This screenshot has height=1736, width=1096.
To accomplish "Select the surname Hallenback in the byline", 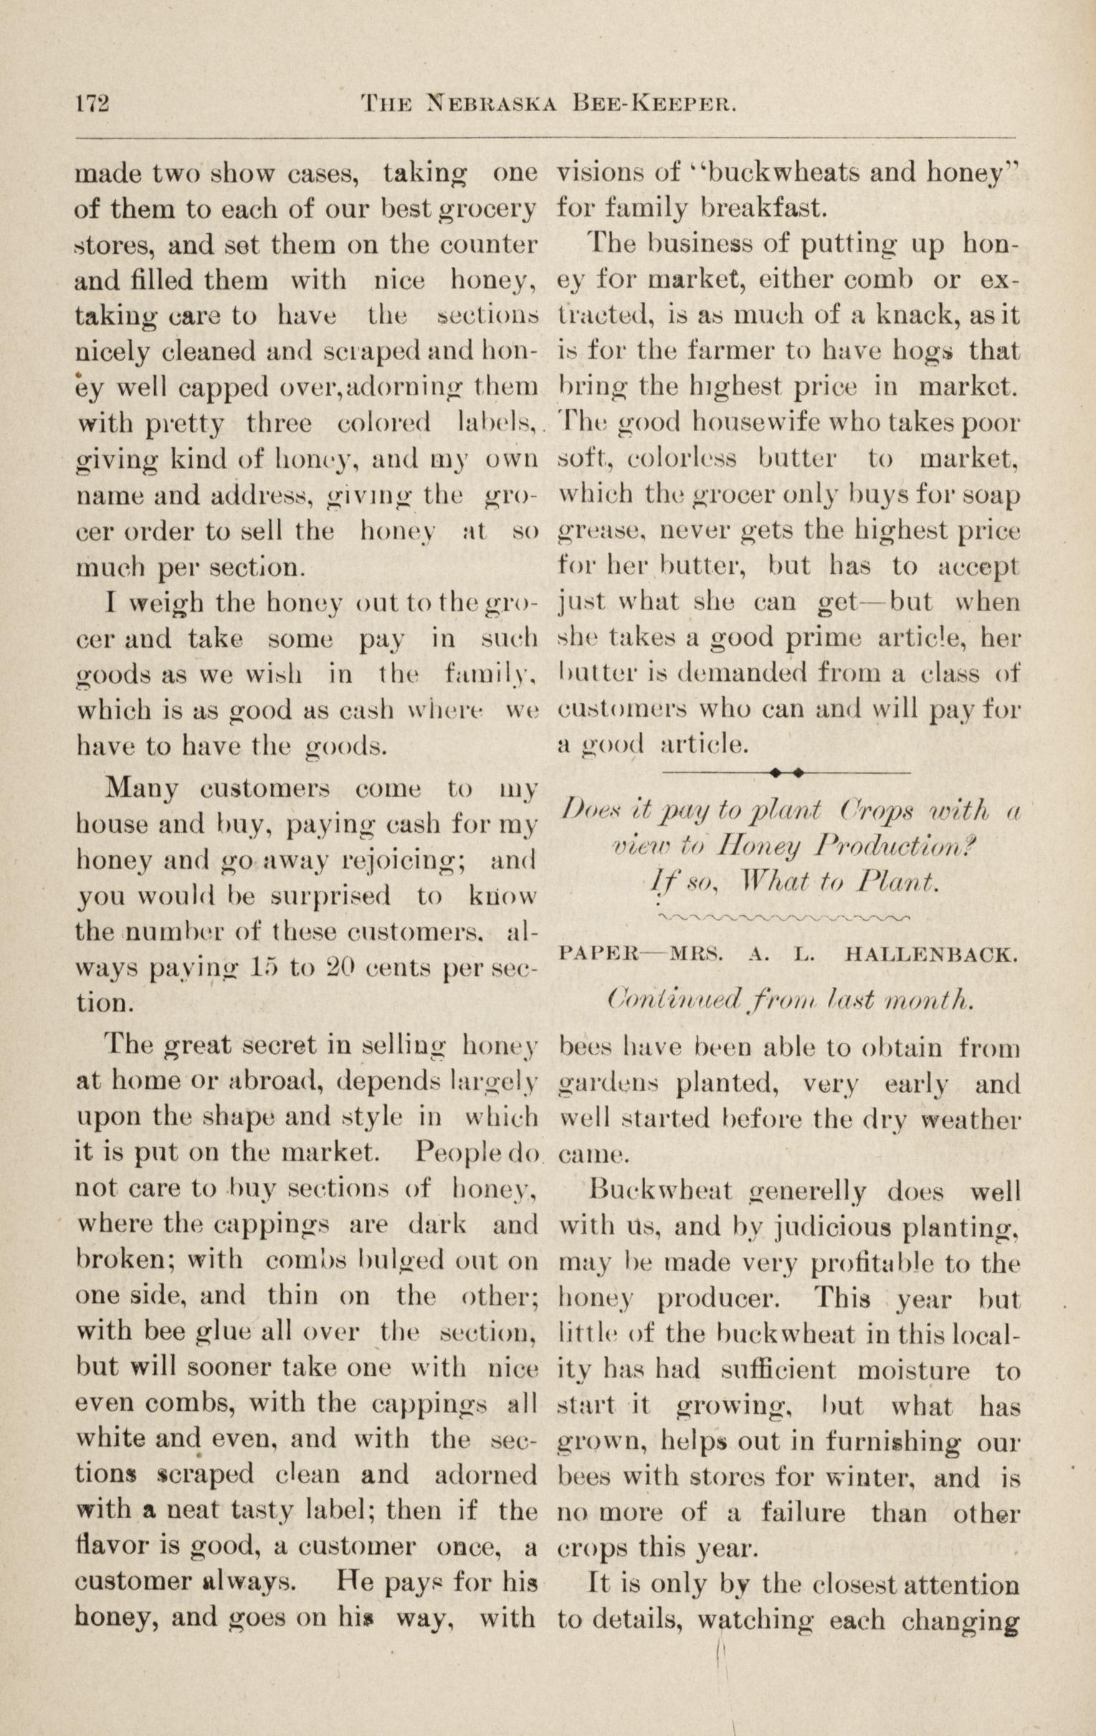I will coord(930,957).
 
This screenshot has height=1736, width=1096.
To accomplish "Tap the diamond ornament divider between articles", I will coord(786,772).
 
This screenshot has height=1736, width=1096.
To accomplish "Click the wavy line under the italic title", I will coord(786,917).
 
